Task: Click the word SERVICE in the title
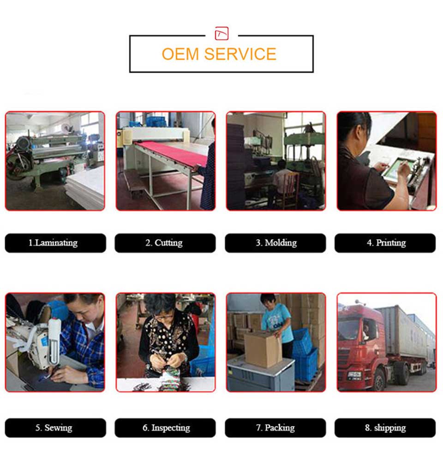tap(240, 54)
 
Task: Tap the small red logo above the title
tap(221, 33)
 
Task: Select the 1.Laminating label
tap(55, 243)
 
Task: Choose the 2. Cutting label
tap(165, 243)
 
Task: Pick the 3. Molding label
tap(275, 243)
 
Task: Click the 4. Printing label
tap(385, 243)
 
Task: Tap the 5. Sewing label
tap(55, 428)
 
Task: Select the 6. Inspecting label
tap(165, 428)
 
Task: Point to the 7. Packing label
tap(275, 428)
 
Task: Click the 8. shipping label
tap(385, 428)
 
